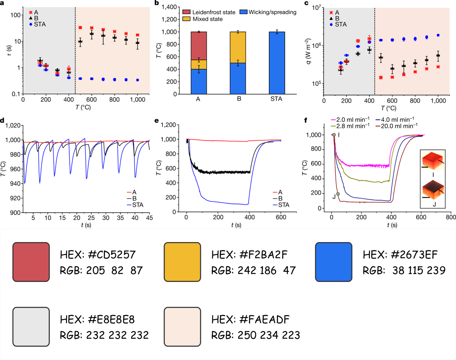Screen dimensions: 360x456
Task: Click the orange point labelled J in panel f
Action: point(338,194)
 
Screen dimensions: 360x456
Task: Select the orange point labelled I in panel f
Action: point(334,135)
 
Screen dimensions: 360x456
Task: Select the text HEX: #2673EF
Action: point(398,254)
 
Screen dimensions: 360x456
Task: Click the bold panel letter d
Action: point(3,121)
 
